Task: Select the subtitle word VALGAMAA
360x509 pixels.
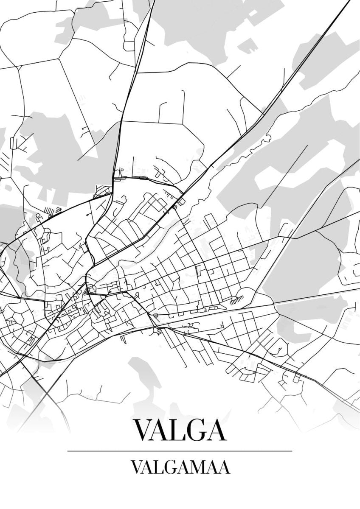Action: click(180, 467)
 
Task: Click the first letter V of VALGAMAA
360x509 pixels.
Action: click(137, 467)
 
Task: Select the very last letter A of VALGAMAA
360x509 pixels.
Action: click(223, 467)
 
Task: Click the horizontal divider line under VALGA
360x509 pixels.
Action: click(180, 451)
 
